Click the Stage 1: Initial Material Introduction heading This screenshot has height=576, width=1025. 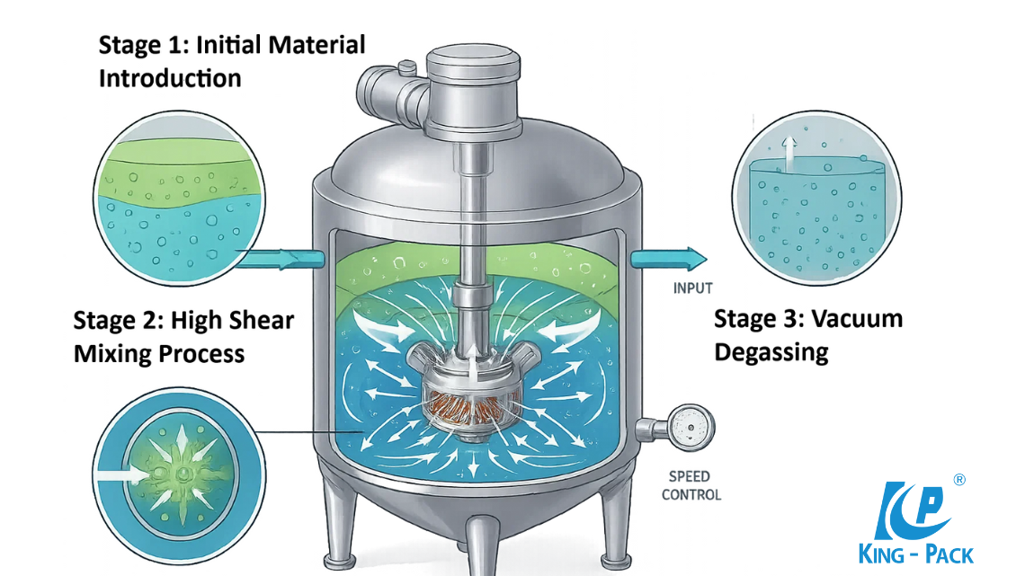pyautogui.click(x=231, y=61)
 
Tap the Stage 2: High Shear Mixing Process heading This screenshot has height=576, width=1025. pyautogui.click(x=183, y=336)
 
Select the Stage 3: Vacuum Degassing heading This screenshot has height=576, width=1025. pyautogui.click(x=807, y=334)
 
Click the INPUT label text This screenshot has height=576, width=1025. pyautogui.click(x=692, y=288)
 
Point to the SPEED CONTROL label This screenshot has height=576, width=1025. pyautogui.click(x=691, y=485)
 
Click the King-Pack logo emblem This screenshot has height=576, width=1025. pyautogui.click(x=918, y=508)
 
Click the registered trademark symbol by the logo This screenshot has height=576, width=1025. pyautogui.click(x=959, y=480)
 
